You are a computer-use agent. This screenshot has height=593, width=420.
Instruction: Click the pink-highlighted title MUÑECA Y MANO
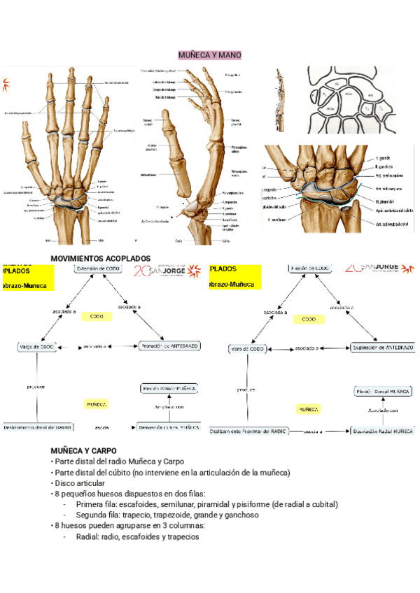209,55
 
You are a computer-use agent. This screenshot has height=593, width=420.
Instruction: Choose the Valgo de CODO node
36,347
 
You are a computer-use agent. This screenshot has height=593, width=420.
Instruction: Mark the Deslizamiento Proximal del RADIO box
250,432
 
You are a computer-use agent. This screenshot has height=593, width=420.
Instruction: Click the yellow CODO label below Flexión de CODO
309,319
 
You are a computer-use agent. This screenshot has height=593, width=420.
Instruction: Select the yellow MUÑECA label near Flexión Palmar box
96,404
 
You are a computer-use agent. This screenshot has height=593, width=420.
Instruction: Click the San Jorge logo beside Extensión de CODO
160,271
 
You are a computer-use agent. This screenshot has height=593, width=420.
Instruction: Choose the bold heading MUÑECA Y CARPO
83,450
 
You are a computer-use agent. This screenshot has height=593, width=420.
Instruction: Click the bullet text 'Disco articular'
80,483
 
